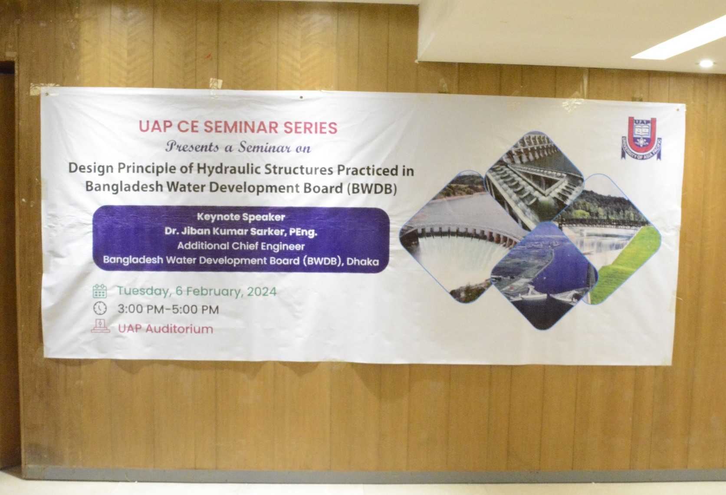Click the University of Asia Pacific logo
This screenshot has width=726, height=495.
(x=641, y=138)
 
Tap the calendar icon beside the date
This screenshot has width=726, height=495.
(x=99, y=291)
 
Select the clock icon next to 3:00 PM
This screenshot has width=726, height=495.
(x=100, y=308)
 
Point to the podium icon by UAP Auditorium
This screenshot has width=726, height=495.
(x=101, y=326)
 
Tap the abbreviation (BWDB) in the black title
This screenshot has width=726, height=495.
(x=372, y=189)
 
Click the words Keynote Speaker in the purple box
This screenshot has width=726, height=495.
(x=241, y=217)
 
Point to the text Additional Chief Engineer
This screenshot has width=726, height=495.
(x=241, y=246)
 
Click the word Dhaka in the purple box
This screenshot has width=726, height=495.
(x=362, y=262)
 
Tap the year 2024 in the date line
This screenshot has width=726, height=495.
(x=262, y=292)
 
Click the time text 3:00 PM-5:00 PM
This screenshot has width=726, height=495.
(x=168, y=309)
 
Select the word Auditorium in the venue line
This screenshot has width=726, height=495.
(x=179, y=329)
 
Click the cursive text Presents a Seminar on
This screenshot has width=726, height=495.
(x=238, y=147)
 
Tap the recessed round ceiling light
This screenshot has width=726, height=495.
(x=706, y=63)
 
